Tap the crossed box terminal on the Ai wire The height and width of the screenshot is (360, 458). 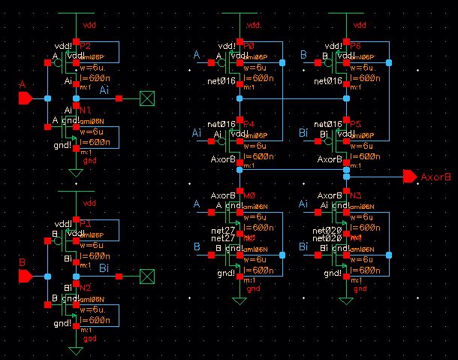pyautogui.click(x=147, y=98)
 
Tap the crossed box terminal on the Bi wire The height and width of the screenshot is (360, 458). pyautogui.click(x=147, y=276)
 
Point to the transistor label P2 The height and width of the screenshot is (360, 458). pyautogui.click(x=85, y=46)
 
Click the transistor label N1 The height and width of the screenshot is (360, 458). pyautogui.click(x=85, y=110)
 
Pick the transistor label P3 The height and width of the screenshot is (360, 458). pyautogui.click(x=85, y=224)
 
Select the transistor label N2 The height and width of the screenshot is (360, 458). pyautogui.click(x=85, y=288)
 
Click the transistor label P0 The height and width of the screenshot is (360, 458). pyautogui.click(x=249, y=46)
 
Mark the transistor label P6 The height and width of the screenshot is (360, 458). pyautogui.click(x=355, y=46)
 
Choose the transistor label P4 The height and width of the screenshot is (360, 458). pyautogui.click(x=249, y=123)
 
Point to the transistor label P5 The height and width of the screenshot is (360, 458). pyautogui.click(x=355, y=123)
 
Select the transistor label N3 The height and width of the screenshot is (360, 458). pyautogui.click(x=355, y=195)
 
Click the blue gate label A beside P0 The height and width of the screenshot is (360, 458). pyautogui.click(x=197, y=55)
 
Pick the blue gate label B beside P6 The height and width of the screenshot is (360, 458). pyautogui.click(x=303, y=55)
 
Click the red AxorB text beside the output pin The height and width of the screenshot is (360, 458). pyautogui.click(x=435, y=177)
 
